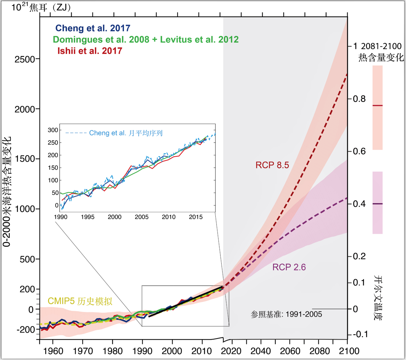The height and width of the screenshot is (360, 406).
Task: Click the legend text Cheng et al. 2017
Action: coord(92,28)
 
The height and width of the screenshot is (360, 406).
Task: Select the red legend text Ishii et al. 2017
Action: coord(90,51)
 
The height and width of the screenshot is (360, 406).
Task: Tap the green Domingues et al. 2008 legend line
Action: coord(146,39)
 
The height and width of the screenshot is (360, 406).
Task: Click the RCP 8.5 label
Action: coord(272,165)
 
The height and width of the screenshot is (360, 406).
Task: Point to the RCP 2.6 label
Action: coord(289,267)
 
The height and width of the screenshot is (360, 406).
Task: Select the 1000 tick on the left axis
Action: coord(27,209)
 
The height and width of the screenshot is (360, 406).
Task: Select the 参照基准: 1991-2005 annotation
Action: coord(286,314)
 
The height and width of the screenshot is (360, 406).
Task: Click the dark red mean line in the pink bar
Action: coord(377,106)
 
